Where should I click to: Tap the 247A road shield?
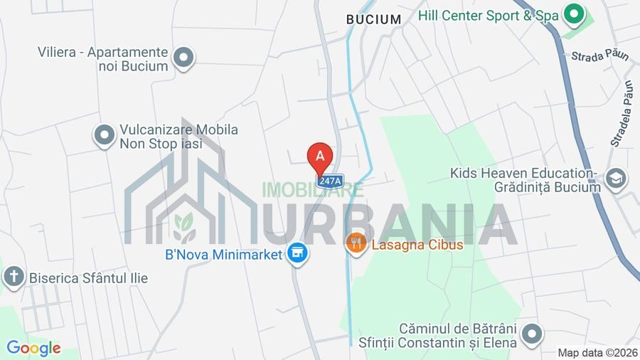pyautogui.click(x=330, y=181)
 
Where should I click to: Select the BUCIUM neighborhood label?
pyautogui.click(x=373, y=19)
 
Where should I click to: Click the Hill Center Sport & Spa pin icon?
pyautogui.click(x=573, y=14)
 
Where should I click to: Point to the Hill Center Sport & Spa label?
pyautogui.click(x=489, y=15)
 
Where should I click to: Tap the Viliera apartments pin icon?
pyautogui.click(x=184, y=58)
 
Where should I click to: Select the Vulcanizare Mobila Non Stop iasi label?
pyautogui.click(x=178, y=137)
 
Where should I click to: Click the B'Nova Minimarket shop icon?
pyautogui.click(x=297, y=253)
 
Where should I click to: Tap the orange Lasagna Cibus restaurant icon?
pyautogui.click(x=356, y=244)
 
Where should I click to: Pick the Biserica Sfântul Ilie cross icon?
pyautogui.click(x=13, y=277)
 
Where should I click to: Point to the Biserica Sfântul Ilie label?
pyautogui.click(x=88, y=277)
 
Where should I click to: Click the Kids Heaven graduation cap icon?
pyautogui.click(x=616, y=179)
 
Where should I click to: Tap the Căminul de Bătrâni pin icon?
pyautogui.click(x=531, y=334)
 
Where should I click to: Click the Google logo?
pyautogui.click(x=33, y=348)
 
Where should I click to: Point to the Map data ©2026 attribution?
pyautogui.click(x=597, y=352)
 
